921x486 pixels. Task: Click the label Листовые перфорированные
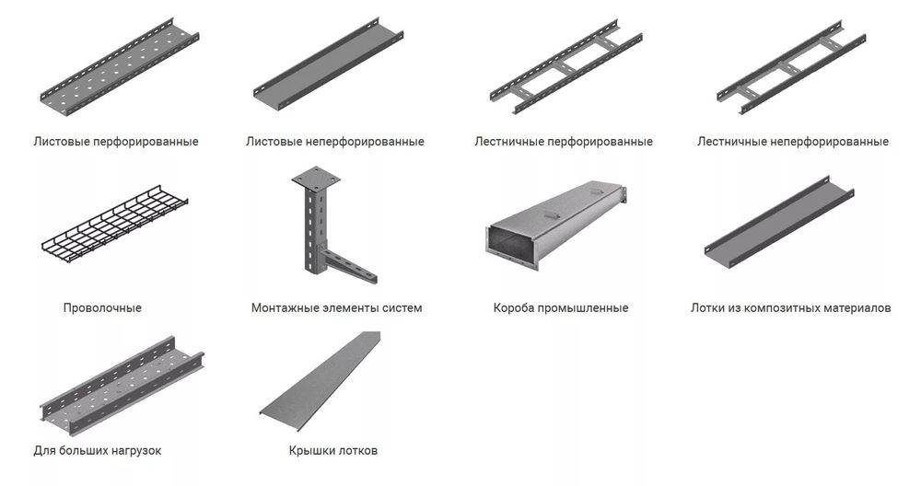coord(115,142)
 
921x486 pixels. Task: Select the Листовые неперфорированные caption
coord(335,142)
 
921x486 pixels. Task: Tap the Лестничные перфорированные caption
coord(564,142)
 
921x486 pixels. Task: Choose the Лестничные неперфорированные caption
coord(793,142)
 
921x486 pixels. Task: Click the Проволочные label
coord(102,307)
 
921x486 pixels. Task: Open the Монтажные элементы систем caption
coord(336,307)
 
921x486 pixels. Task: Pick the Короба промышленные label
coord(561,307)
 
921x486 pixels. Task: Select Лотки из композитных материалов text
coord(790,307)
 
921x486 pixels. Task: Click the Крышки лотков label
coord(332,450)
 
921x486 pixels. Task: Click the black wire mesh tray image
coord(115,225)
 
